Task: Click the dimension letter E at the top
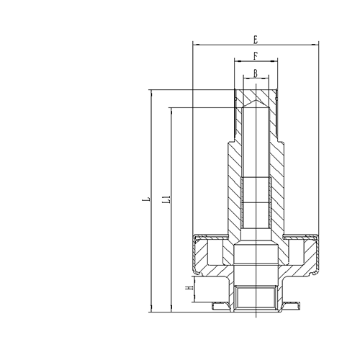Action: pyautogui.click(x=256, y=38)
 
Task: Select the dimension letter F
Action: pyautogui.click(x=256, y=55)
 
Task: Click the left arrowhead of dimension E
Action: pyautogui.click(x=195, y=45)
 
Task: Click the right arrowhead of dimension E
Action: pyautogui.click(x=318, y=45)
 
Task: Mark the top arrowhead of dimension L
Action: pyautogui.click(x=151, y=92)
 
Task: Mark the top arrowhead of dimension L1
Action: pyautogui.click(x=171, y=110)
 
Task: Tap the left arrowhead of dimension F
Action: pyautogui.click(x=237, y=62)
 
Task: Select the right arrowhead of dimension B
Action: pyautogui.click(x=267, y=78)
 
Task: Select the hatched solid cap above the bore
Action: pyautogui.click(x=256, y=94)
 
